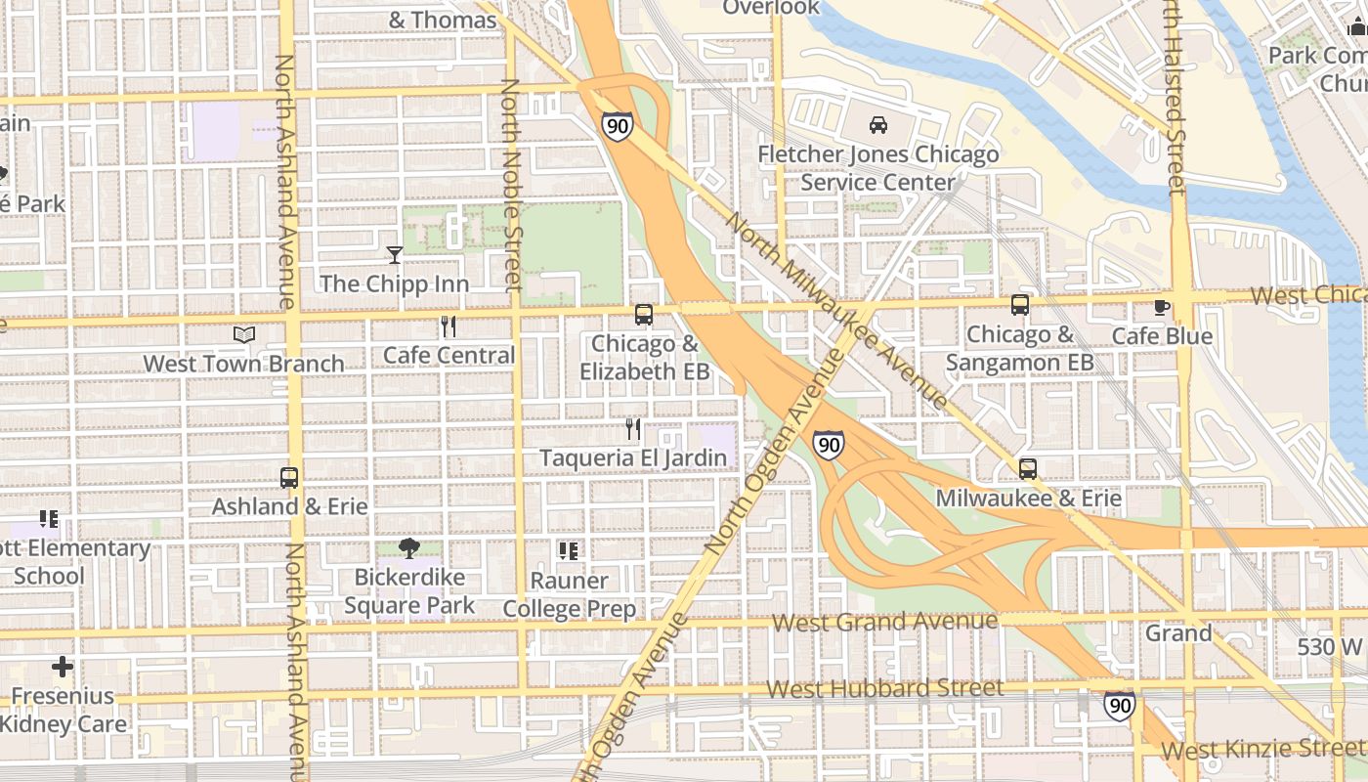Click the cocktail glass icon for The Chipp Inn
pos(395,255)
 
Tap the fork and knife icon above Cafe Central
pos(449,326)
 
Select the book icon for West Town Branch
pos(244,335)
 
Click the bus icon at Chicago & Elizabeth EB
pos(644,315)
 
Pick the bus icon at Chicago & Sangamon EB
pos(1020,305)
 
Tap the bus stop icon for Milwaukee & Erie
pos(1027,469)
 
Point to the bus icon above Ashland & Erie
pos(289,478)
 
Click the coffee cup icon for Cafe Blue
pos(1162,307)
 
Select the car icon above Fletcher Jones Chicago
pos(878,125)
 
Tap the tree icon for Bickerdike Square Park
pos(409,548)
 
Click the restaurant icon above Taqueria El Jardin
pos(633,429)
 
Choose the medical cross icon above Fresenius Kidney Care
pos(63,668)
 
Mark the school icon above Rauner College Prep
pos(569,551)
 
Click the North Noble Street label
pos(512,186)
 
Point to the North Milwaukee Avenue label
pos(836,311)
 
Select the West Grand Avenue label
pos(884,622)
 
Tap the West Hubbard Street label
pos(884,689)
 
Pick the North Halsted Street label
pos(1175,98)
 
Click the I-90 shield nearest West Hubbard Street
pos(1120,705)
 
